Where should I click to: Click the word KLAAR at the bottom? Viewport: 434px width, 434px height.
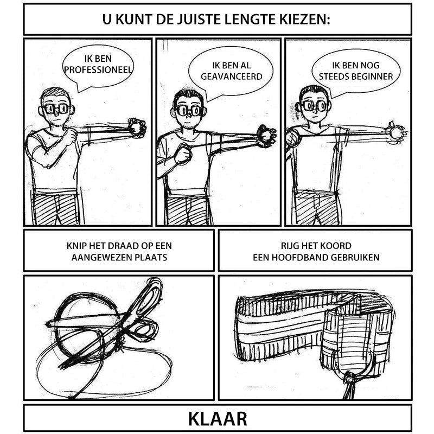click(x=217, y=419)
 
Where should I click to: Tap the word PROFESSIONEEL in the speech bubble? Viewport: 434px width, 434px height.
click(x=98, y=69)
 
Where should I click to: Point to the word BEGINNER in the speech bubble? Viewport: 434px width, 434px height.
click(x=374, y=76)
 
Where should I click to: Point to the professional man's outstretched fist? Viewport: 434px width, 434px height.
click(x=136, y=127)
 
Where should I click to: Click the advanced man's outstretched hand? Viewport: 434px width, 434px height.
click(x=266, y=135)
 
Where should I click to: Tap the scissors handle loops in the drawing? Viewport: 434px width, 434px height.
click(x=145, y=331)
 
